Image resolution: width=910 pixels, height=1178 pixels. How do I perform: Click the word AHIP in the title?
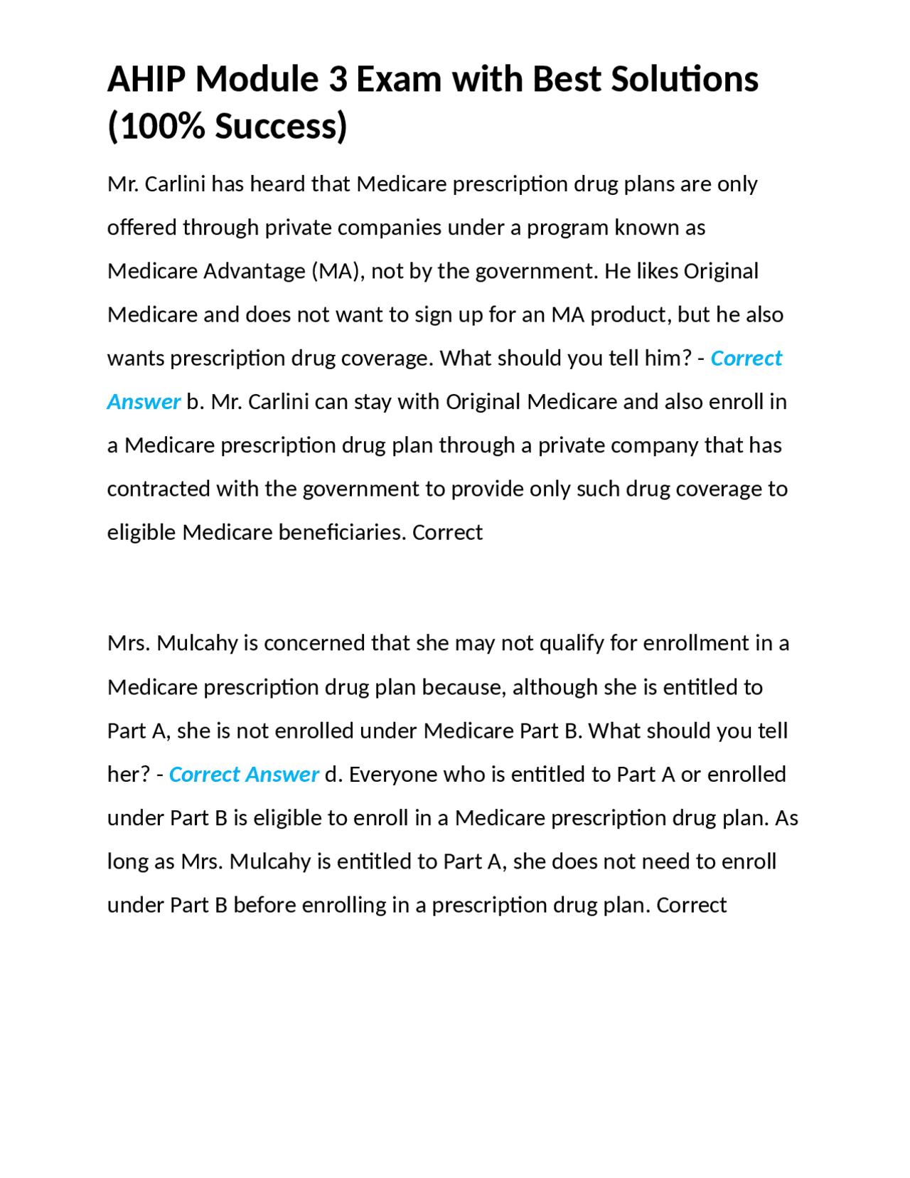click(146, 79)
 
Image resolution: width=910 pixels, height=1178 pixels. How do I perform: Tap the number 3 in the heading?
click(338, 79)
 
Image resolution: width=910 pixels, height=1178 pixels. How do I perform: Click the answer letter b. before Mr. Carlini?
click(196, 403)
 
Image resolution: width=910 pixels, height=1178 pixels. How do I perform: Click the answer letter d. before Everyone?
click(333, 775)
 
